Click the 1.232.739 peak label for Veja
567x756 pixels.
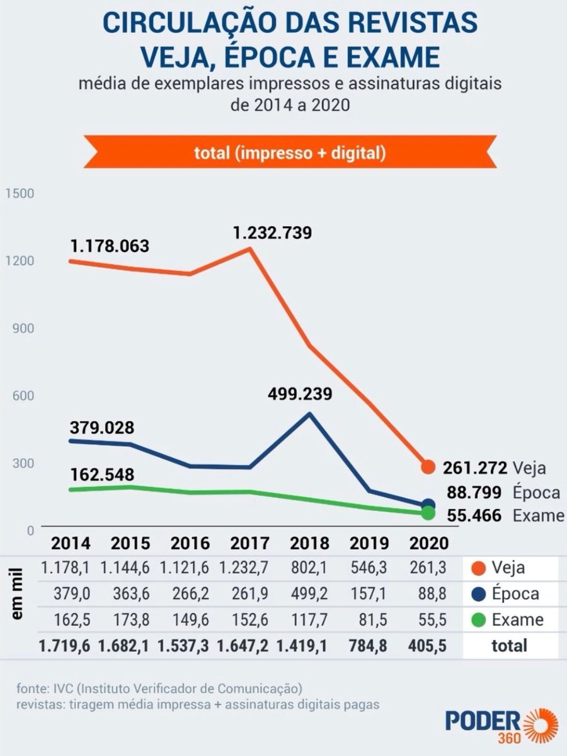click(272, 233)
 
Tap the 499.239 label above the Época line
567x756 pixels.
click(299, 394)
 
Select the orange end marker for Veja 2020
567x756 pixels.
click(428, 467)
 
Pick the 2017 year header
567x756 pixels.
click(249, 544)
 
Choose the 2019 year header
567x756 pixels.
click(369, 544)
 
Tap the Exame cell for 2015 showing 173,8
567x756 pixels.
click(130, 620)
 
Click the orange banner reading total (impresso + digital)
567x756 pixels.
click(290, 152)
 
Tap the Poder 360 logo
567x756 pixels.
click(501, 724)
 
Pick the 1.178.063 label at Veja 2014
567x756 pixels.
click(110, 246)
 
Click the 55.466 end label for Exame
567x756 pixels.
click(474, 516)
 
